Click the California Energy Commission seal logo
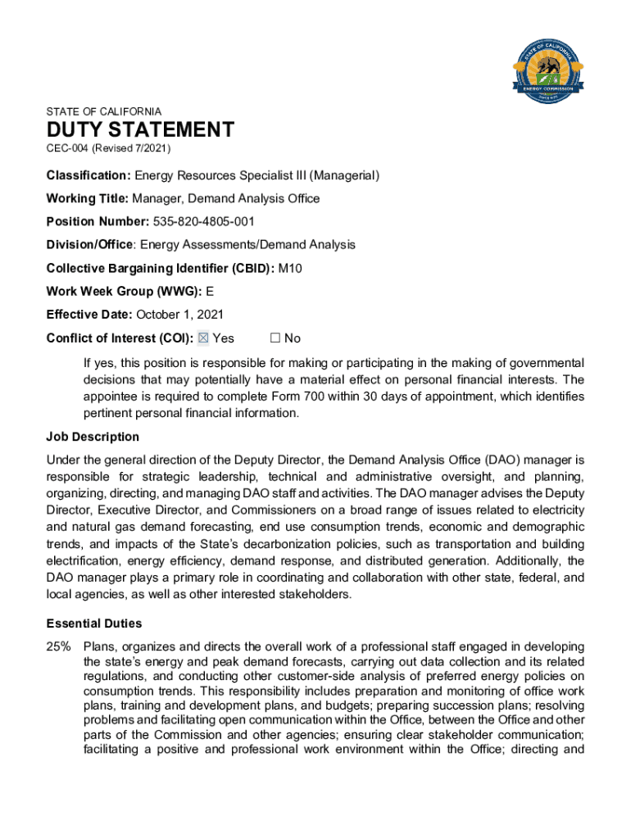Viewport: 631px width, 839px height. coord(547,71)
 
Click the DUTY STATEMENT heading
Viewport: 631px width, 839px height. coord(140,130)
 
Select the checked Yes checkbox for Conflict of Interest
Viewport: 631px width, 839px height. coord(204,338)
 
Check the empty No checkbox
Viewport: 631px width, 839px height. coord(275,338)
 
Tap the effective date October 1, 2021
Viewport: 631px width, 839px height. coord(179,315)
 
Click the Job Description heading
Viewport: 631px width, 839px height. coord(93,437)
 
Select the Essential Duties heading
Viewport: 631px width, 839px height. coord(94,624)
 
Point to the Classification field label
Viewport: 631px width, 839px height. coord(89,175)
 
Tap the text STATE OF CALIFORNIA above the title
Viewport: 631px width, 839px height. coord(104,111)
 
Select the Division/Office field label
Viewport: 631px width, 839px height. coord(91,245)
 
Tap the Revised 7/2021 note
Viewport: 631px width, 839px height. coord(131,148)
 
